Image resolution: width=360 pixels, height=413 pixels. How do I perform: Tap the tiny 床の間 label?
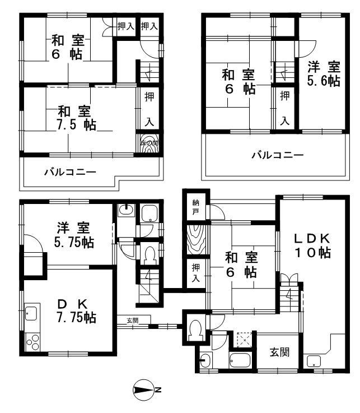[x=148, y=143]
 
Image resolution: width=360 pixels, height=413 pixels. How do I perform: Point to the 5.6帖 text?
[x=324, y=81]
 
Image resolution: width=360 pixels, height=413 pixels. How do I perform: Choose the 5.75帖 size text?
[x=74, y=243]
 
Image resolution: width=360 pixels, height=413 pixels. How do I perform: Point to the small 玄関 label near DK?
[x=132, y=321]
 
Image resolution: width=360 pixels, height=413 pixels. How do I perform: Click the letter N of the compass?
[x=158, y=389]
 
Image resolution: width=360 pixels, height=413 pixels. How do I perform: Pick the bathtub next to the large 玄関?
[x=241, y=360]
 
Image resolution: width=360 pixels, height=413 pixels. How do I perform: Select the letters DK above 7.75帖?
[x=73, y=303]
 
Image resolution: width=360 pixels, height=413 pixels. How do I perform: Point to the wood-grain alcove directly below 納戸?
[x=197, y=240]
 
